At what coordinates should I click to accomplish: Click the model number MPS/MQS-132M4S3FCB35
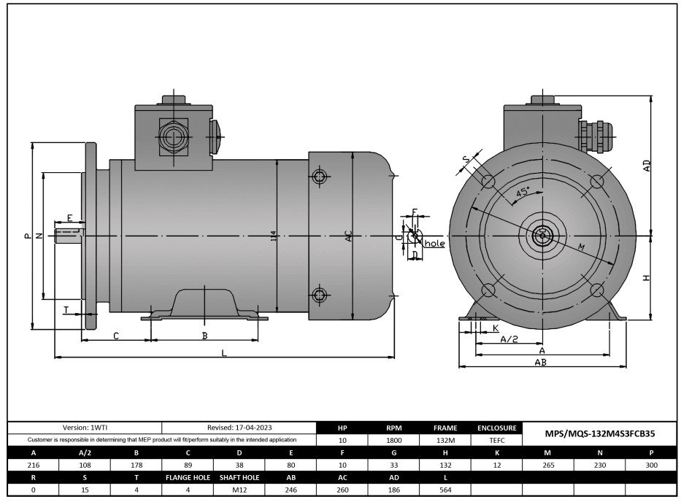[x=600, y=433]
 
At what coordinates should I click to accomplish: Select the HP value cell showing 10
[x=343, y=441]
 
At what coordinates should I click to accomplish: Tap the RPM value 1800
[x=394, y=441]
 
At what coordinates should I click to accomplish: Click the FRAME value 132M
[x=445, y=441]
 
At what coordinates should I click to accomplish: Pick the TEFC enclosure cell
[x=496, y=441]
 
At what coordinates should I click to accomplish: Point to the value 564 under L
[x=445, y=490]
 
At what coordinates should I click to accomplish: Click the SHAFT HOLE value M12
[x=239, y=490]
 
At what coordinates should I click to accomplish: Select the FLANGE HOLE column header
[x=188, y=477]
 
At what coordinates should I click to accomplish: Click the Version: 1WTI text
[x=85, y=428]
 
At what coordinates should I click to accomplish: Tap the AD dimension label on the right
[x=647, y=166]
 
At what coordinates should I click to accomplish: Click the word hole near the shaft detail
[x=434, y=243]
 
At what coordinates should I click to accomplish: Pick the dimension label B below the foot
[x=204, y=336]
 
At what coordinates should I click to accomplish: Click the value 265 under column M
[x=548, y=465]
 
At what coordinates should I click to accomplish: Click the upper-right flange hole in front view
[x=597, y=181]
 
